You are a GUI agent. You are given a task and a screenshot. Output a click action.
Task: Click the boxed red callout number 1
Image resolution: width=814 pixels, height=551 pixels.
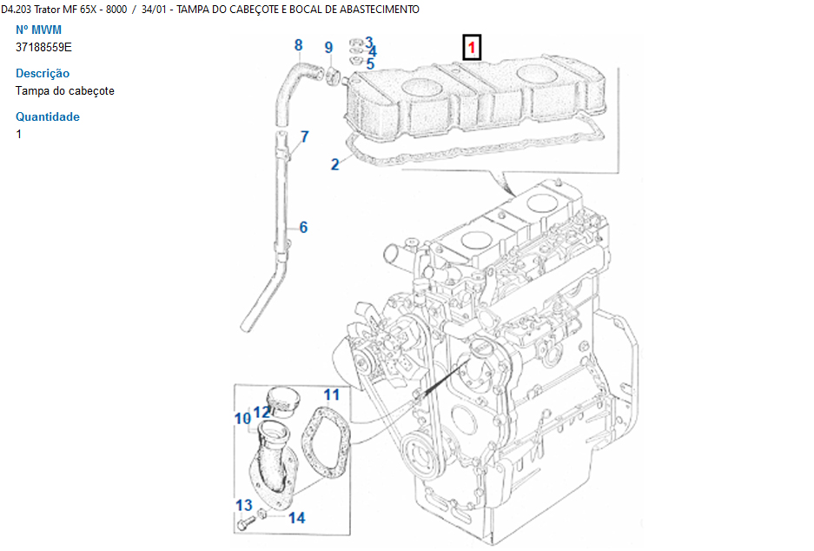471,47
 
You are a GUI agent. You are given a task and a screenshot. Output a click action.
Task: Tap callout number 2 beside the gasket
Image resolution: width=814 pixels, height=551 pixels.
335,164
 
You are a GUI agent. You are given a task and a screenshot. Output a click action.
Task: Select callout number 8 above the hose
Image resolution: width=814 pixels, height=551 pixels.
298,45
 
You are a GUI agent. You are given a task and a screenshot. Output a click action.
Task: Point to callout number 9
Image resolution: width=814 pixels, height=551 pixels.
328,48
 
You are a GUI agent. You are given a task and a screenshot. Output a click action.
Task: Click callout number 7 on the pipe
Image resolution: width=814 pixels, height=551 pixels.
305,136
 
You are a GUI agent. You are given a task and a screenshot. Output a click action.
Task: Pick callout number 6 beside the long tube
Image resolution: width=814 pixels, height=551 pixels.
303,228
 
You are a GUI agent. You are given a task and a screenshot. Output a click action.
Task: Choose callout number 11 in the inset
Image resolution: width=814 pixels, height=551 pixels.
332,395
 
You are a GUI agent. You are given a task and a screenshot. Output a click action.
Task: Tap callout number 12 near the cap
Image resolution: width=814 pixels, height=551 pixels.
261,411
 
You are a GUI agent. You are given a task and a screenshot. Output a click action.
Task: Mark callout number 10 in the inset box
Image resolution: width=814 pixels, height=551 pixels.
242,419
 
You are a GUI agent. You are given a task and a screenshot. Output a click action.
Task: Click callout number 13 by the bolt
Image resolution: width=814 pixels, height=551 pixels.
244,505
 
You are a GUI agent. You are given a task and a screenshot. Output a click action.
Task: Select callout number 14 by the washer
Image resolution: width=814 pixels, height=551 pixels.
296,518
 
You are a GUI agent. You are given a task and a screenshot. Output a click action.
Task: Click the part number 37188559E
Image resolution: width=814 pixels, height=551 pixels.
43,47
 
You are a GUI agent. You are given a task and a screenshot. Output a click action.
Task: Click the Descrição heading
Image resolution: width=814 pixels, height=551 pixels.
43,74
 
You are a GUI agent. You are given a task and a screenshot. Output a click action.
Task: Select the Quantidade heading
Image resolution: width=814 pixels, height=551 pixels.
48,117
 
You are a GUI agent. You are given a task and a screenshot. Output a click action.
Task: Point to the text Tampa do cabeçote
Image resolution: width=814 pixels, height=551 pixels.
65,90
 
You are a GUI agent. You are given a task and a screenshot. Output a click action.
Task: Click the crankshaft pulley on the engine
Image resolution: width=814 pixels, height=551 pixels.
419,452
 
